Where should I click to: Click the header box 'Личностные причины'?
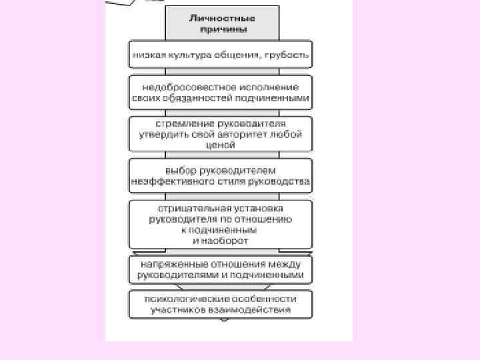point(223,24)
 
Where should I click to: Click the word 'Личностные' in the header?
point(223,19)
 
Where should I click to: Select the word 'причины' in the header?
point(223,29)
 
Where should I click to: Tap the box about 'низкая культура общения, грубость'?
point(220,55)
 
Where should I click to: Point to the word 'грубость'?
point(287,55)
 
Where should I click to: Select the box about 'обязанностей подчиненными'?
point(220,92)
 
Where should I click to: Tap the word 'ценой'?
point(221,143)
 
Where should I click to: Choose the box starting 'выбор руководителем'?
point(220,175)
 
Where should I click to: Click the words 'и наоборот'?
point(221,239)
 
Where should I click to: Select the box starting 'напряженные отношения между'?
point(220,269)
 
